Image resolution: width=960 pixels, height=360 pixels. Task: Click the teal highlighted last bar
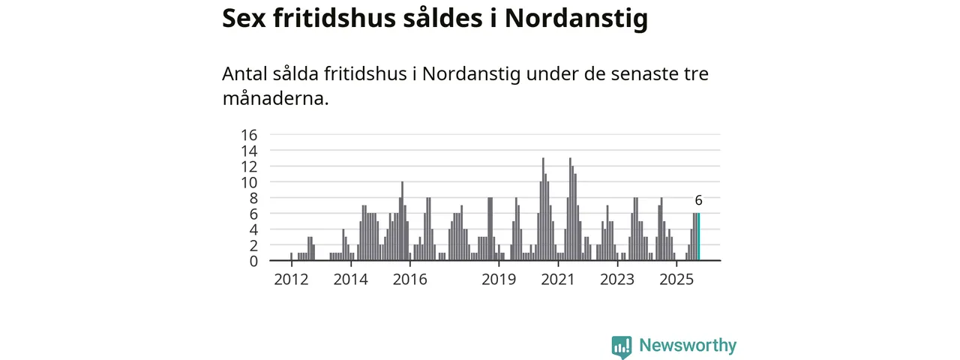(x=698, y=237)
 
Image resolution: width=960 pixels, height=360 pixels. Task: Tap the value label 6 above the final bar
(x=698, y=200)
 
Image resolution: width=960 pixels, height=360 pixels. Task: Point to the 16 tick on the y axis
(x=248, y=135)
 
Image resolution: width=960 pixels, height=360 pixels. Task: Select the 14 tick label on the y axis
(x=248, y=151)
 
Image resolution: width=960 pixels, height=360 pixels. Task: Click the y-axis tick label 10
(x=248, y=182)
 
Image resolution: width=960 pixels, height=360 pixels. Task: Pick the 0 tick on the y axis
(x=253, y=261)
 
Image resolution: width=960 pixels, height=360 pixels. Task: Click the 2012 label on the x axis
(x=291, y=280)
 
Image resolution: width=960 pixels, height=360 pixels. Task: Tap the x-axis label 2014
(x=350, y=280)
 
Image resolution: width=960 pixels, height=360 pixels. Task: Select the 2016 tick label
(x=409, y=280)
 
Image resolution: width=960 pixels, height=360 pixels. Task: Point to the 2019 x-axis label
(x=499, y=280)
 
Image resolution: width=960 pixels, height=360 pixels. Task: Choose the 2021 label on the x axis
(x=558, y=280)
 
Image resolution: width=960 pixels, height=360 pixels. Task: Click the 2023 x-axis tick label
(x=617, y=280)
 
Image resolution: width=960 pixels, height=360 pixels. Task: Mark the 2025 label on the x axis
(x=676, y=280)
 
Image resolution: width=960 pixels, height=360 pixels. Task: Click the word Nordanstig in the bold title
(x=575, y=19)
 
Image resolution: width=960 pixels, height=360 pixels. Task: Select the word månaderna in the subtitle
(x=275, y=98)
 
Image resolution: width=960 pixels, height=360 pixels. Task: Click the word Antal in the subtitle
(x=244, y=74)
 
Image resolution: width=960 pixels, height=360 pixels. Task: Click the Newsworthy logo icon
(x=621, y=346)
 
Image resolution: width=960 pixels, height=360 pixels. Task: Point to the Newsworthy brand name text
(x=688, y=346)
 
